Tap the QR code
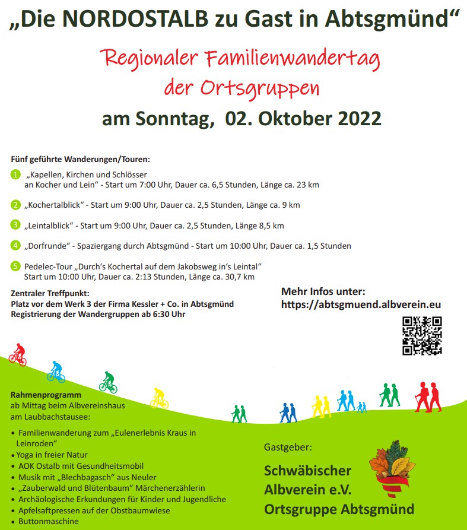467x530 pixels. pos(422,335)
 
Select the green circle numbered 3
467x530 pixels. pos(15,225)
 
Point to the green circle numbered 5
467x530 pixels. pos(15,266)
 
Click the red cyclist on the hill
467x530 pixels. pos(18,354)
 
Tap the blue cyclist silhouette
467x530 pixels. pos(56,372)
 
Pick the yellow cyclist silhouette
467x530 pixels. pos(159,398)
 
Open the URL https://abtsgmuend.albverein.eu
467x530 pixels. pos(361,304)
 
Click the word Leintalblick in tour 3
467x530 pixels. pos(50,226)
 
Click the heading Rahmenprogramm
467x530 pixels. pos(46,395)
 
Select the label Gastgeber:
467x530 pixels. pos(288,446)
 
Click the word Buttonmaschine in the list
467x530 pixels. pos(48,522)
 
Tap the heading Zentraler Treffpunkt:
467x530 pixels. pos(50,293)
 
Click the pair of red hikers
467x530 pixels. pos(428,396)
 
